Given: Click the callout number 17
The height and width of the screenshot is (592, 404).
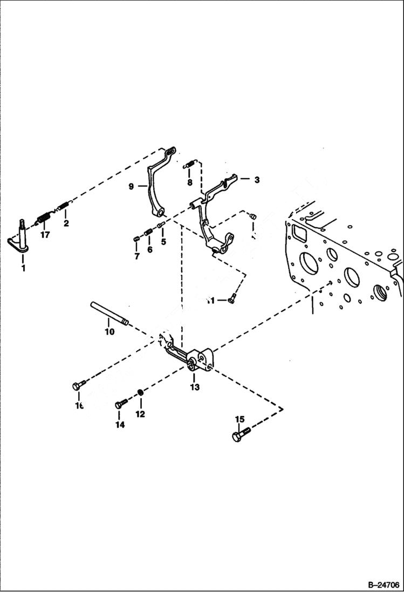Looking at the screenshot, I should tap(44, 235).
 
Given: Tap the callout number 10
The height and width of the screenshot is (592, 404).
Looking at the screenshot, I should tap(109, 332).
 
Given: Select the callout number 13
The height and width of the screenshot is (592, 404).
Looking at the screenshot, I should tap(194, 387).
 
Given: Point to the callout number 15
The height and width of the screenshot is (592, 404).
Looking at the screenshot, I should tap(239, 419).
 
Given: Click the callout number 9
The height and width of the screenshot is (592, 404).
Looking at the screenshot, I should tap(131, 187).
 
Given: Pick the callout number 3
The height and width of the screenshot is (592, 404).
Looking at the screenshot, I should tap(257, 180).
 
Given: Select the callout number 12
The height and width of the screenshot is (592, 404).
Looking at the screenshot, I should tap(140, 414).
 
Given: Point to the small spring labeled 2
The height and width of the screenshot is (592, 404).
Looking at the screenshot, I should tap(64, 206).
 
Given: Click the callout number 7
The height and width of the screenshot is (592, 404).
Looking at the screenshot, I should tap(136, 256).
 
